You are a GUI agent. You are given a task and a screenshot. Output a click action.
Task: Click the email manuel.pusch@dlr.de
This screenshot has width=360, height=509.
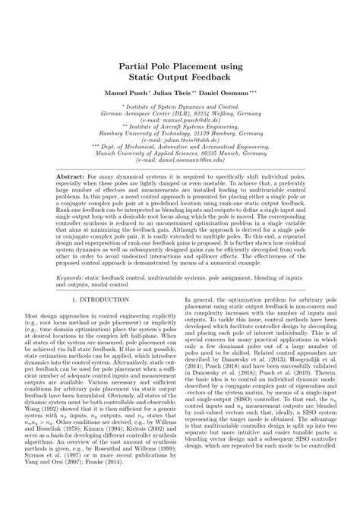[181, 120]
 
